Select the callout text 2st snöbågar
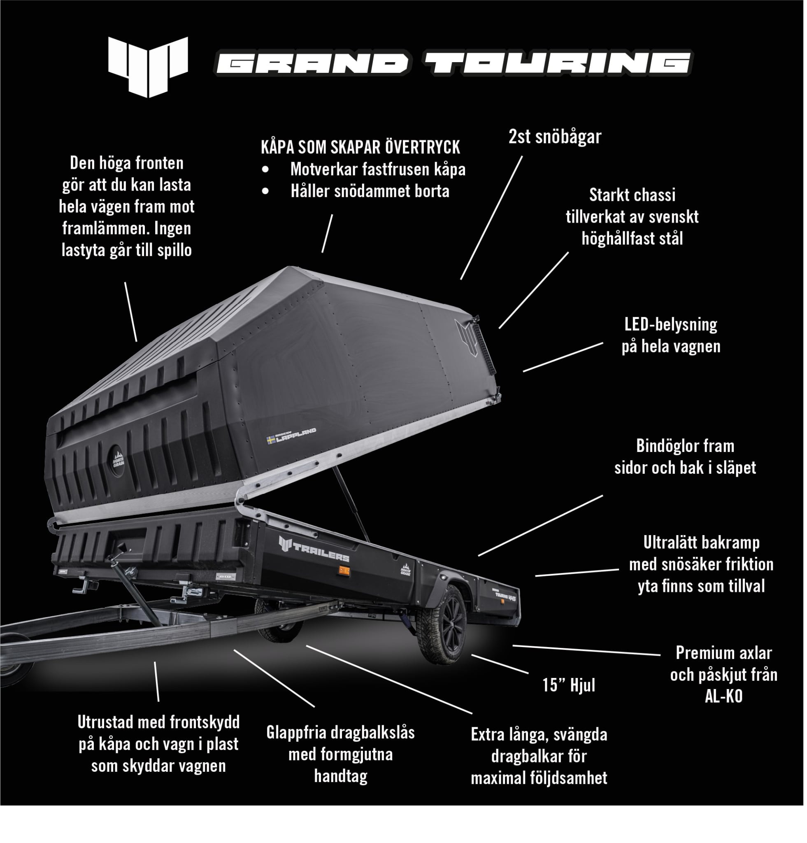[555, 137]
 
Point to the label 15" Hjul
[568, 685]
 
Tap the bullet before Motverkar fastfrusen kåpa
[265, 170]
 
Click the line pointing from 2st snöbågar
[491, 217]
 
